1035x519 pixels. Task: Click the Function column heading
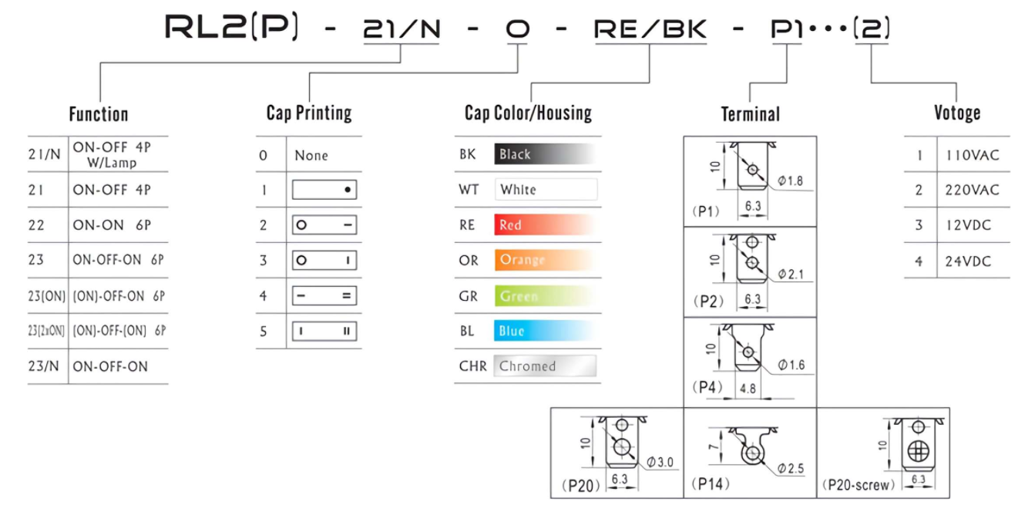[99, 114]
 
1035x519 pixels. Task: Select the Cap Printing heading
[309, 113]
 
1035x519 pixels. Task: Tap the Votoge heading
[957, 113]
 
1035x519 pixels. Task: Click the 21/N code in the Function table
[45, 154]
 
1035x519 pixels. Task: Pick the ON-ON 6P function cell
[112, 225]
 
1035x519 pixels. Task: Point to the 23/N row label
[43, 366]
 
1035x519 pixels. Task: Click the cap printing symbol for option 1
[324, 190]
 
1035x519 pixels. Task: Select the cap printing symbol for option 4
[324, 296]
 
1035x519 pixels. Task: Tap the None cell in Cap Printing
[311, 155]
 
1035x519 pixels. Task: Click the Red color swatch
[545, 225]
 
